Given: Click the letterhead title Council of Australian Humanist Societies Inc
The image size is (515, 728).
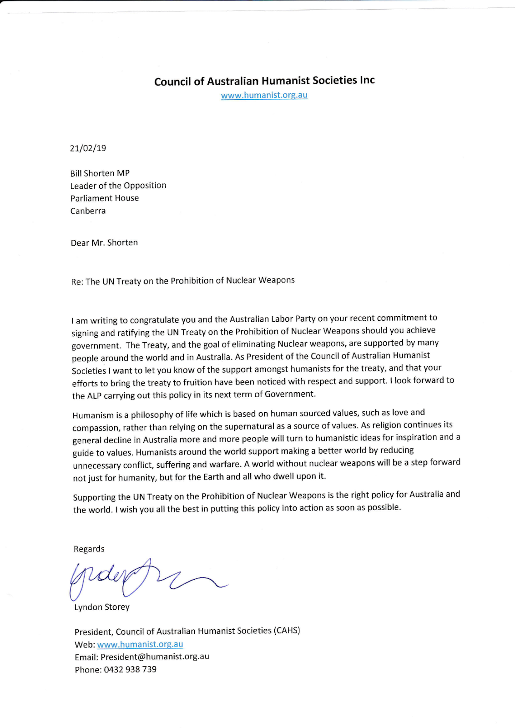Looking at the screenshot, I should click(x=264, y=81).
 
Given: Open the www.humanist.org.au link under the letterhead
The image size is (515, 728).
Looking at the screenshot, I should click(x=264, y=95).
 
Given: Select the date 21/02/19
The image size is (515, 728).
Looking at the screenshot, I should click(x=88, y=148).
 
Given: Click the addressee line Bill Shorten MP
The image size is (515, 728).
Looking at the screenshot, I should click(x=100, y=173).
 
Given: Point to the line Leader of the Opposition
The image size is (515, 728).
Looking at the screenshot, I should click(x=118, y=186).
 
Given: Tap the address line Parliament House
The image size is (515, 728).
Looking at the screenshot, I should click(x=105, y=198).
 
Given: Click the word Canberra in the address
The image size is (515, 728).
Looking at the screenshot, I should click(x=88, y=211).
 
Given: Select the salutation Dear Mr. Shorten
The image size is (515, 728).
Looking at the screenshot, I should click(x=104, y=243).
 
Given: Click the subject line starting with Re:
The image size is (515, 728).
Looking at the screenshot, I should click(x=183, y=281).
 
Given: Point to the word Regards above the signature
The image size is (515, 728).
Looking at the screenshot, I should click(x=89, y=549).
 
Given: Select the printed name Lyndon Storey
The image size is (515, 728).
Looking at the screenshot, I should click(x=102, y=607).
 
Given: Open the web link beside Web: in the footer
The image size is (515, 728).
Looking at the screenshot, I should click(x=140, y=644).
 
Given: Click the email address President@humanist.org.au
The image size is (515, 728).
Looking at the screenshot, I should click(x=155, y=657).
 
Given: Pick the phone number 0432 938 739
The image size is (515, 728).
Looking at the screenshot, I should click(x=130, y=669).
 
